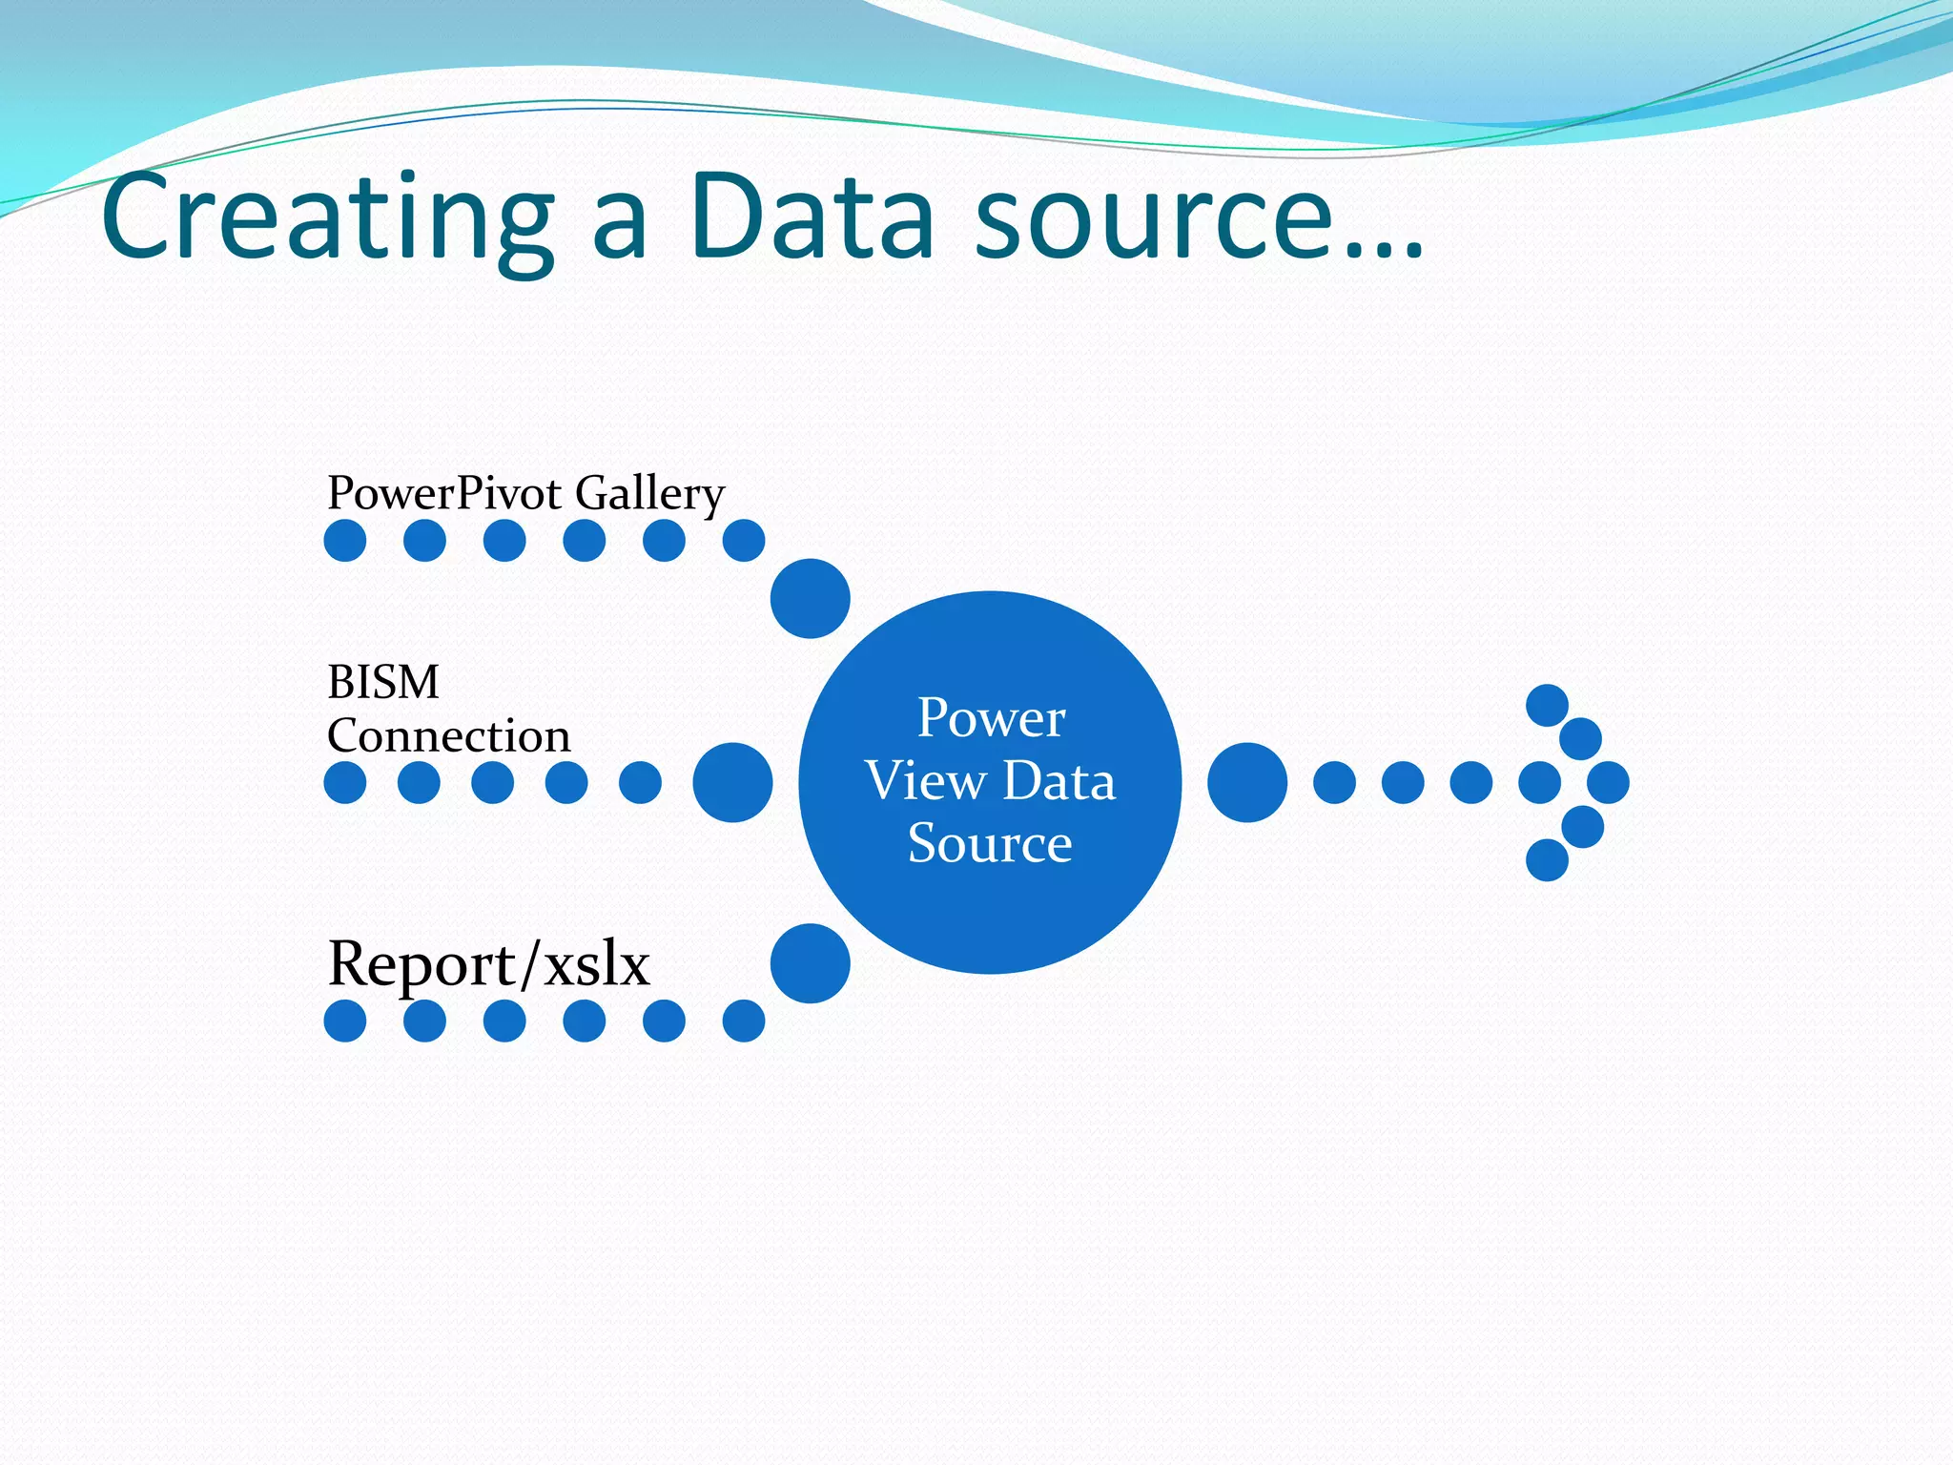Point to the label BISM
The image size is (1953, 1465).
coord(383,682)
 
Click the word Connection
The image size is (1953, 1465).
coord(448,736)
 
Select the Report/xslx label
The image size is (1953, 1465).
coord(488,963)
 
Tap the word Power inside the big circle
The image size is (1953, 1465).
coord(991,718)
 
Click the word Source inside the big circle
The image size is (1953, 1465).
coord(990,843)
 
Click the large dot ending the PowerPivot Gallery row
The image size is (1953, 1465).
coord(810,598)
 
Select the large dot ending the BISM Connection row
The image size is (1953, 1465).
coord(732,782)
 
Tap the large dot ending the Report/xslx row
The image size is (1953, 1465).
coord(810,963)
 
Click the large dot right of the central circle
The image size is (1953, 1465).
coord(1247,782)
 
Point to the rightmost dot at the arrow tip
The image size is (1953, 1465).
coord(1608,782)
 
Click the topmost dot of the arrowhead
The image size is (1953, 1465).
coord(1547,705)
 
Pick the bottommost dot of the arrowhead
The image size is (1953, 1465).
coord(1547,859)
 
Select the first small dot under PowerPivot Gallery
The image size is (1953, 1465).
coord(345,541)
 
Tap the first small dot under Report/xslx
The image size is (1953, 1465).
coord(345,1021)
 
